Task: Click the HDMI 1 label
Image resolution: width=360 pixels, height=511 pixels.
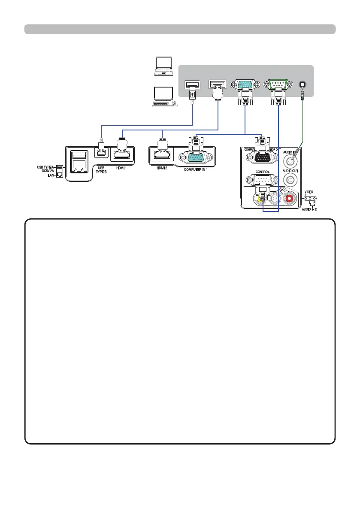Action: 122,168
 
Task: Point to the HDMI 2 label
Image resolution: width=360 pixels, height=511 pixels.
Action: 162,168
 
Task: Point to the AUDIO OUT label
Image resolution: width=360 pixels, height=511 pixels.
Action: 291,171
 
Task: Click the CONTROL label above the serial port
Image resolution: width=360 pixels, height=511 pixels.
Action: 262,171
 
